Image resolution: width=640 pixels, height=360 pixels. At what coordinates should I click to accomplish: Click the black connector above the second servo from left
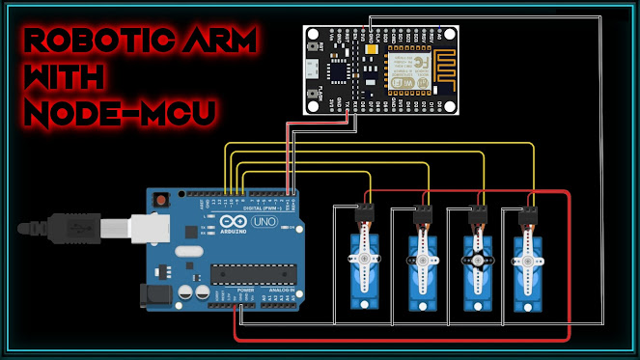click(x=422, y=211)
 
